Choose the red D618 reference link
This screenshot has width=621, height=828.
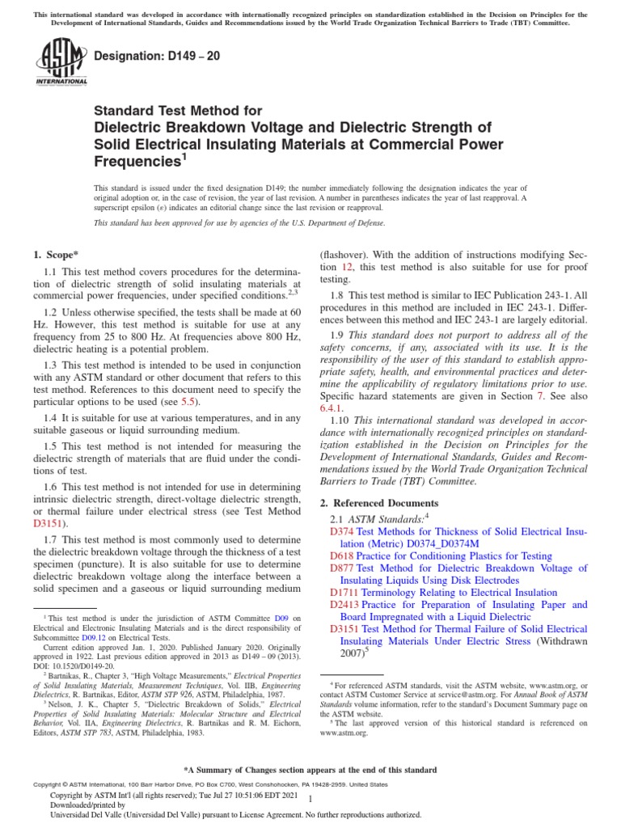(342, 556)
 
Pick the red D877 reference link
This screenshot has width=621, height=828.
(342, 568)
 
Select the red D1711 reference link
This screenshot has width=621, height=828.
(345, 592)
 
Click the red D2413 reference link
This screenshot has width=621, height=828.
(345, 604)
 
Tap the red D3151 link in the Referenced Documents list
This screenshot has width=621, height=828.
(345, 628)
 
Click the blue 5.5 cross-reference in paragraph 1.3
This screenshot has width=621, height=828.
(188, 402)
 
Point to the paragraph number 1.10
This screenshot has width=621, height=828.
(340, 420)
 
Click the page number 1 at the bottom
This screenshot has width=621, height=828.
(310, 799)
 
